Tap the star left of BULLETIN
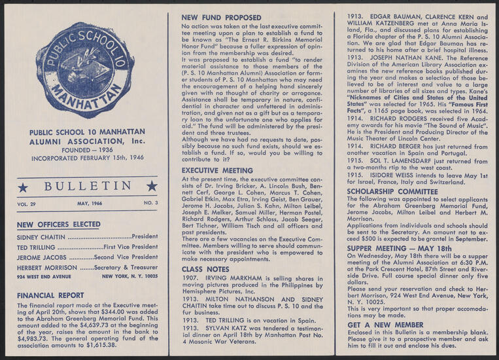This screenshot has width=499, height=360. click(23, 187)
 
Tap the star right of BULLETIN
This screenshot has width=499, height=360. click(152, 187)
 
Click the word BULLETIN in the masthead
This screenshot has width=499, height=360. click(88, 187)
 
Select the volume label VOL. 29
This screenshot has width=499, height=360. click(27, 204)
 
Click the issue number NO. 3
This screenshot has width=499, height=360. click(151, 204)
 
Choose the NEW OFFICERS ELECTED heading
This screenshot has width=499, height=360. click(59, 225)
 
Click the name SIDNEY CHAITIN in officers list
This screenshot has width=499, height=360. click(41, 237)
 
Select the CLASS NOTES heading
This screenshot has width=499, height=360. click(205, 269)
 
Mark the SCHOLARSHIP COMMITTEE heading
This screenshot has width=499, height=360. click(392, 191)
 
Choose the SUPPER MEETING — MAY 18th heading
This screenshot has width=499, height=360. click(399, 249)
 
